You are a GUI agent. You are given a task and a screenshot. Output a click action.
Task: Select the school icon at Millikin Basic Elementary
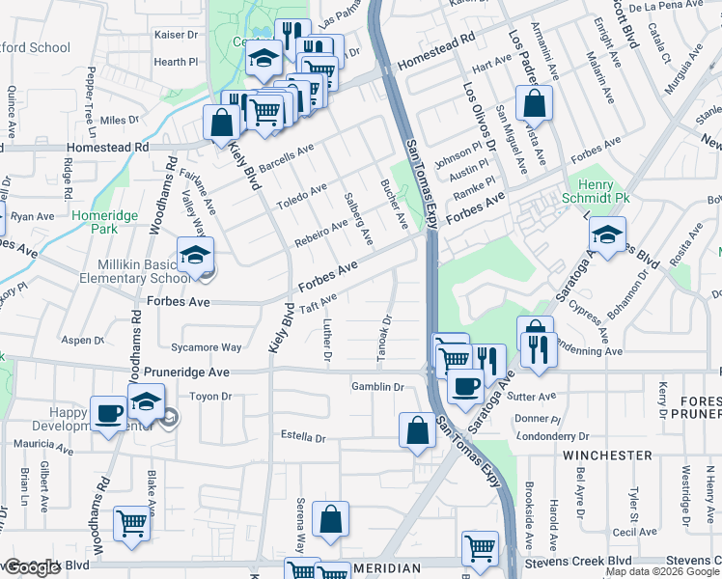click(x=196, y=256)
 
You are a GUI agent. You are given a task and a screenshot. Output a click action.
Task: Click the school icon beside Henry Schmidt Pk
click(x=607, y=234)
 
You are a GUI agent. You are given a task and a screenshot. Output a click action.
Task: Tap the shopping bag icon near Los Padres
click(x=533, y=102)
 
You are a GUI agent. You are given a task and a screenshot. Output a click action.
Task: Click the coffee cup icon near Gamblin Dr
click(x=464, y=387)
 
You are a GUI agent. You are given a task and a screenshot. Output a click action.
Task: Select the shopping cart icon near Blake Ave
click(x=132, y=524)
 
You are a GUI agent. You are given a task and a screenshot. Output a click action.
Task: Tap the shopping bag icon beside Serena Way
click(x=330, y=519)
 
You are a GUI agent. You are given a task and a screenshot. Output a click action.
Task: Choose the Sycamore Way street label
click(x=205, y=347)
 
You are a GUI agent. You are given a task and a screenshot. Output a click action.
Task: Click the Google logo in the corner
click(x=32, y=568)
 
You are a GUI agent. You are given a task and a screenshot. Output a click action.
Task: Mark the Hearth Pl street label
click(x=176, y=62)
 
